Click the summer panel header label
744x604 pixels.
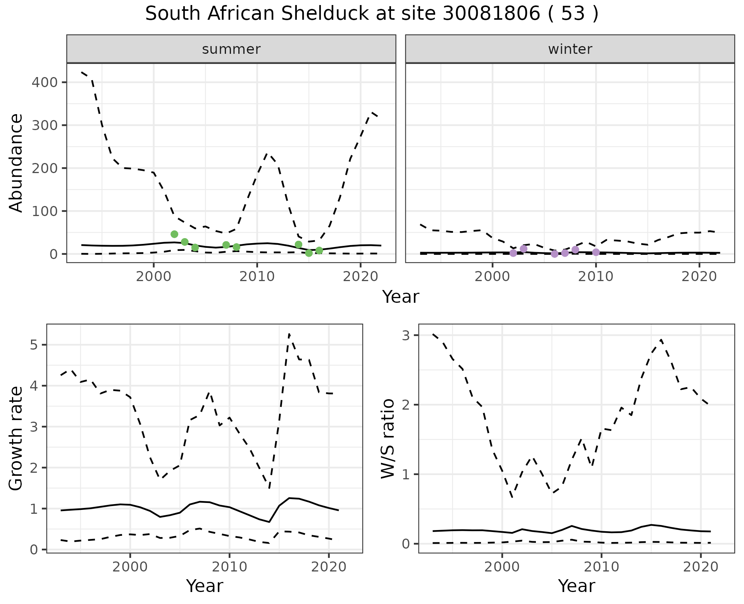pos(231,49)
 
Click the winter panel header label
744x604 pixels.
pos(570,49)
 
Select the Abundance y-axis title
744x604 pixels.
pos(16,163)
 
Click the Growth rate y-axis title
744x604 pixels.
pos(16,438)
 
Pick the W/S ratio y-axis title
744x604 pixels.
pos(388,438)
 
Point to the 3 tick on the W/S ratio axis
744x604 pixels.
pos(406,335)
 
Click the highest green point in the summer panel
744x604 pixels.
pos(174,234)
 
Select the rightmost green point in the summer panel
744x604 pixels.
pos(319,251)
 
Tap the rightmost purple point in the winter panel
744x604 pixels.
pos(596,252)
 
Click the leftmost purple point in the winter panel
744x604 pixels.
pos(513,253)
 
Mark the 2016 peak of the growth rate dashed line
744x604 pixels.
pos(289,334)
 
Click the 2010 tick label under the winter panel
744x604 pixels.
pos(596,276)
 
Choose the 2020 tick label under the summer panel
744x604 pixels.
pos(360,276)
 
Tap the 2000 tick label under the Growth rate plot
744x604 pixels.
pos(130,567)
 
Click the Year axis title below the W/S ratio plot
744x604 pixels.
pos(576,586)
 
